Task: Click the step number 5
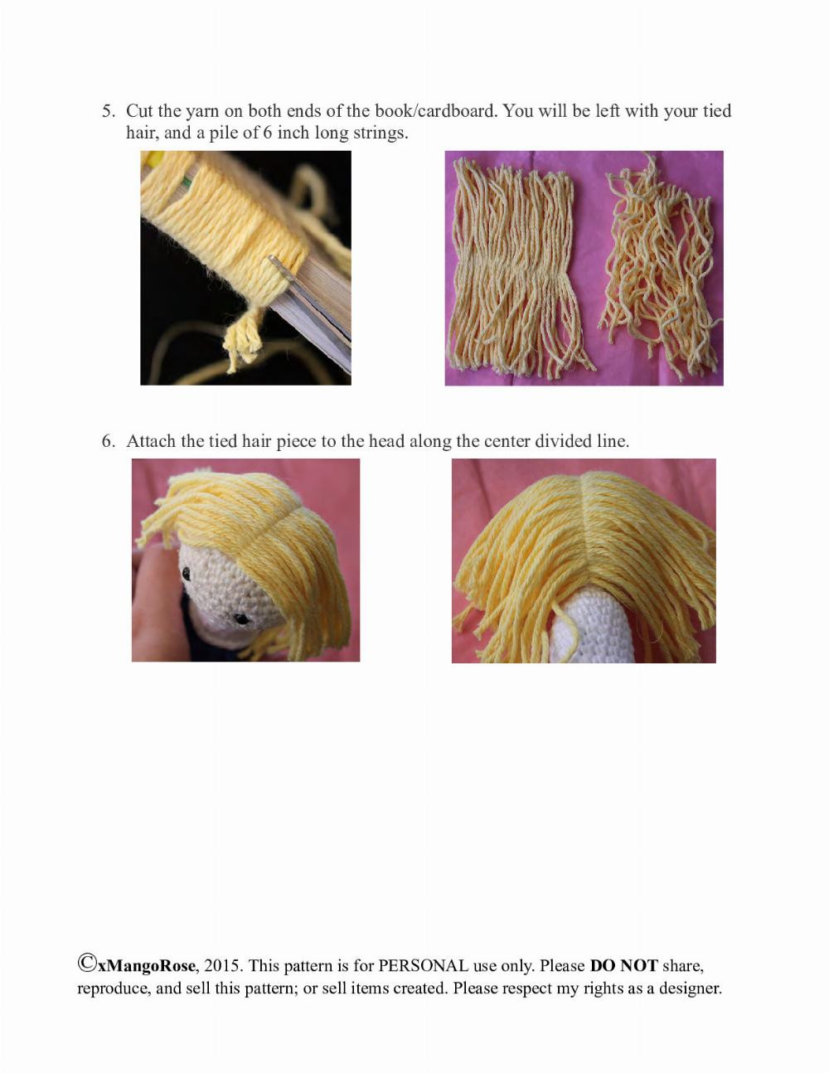click(x=108, y=111)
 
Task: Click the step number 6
click(x=108, y=441)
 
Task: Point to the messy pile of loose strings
click(x=660, y=269)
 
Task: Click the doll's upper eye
click(x=186, y=573)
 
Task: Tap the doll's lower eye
click(x=240, y=619)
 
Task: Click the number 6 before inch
click(x=267, y=133)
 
